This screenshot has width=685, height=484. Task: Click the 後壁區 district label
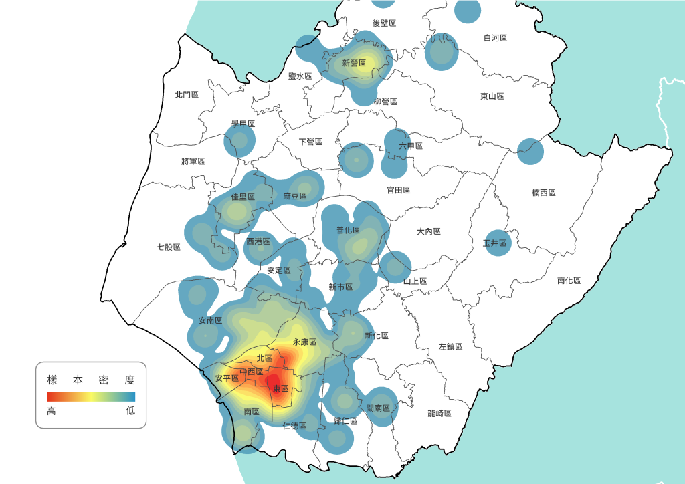pos(385,23)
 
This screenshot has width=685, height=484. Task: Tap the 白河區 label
pos(496,39)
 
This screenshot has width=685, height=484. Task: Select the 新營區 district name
pos(354,64)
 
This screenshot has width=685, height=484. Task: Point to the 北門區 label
pos(187,95)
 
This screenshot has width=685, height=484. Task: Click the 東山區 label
pos(492,96)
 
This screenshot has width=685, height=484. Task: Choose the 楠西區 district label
pos(544,193)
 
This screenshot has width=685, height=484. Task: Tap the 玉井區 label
pos(496,244)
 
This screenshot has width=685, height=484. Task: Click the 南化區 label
pos(569,281)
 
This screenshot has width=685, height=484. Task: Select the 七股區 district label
pos(169,247)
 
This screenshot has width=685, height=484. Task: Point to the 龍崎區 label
pos(439,414)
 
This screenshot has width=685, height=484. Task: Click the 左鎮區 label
pos(450,346)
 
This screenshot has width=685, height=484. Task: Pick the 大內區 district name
pos(429,231)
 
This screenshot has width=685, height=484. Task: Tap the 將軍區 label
pos(193,162)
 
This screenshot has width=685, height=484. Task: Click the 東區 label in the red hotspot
pos(280,388)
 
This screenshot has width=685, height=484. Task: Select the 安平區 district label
pos(227,378)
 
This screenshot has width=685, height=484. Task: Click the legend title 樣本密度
pos(91,380)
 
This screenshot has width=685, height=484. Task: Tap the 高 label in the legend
pos(51,410)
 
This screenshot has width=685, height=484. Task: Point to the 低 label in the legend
pos(130,410)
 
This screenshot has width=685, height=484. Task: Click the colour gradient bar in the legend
pos(91,396)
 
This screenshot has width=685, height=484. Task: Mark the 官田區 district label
pos(398,190)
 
